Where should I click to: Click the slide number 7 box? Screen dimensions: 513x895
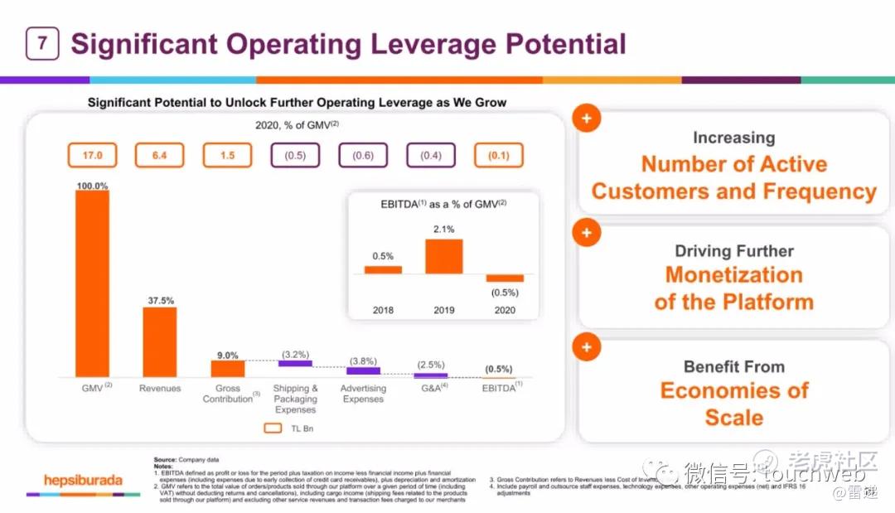click(x=42, y=44)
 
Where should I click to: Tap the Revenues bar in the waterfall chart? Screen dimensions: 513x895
click(x=160, y=341)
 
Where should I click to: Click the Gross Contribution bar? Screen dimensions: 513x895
click(x=228, y=368)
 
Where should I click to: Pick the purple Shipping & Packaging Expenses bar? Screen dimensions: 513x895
click(x=295, y=363)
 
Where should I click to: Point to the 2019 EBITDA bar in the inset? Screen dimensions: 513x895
click(x=443, y=256)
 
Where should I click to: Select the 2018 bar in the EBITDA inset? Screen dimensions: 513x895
click(x=383, y=269)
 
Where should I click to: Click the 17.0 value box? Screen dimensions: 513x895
click(x=92, y=155)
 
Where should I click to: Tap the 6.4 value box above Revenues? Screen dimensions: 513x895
click(x=160, y=155)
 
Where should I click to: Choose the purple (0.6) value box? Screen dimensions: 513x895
click(x=363, y=155)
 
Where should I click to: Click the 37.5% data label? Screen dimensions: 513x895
click(x=160, y=301)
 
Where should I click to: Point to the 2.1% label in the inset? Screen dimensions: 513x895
click(x=443, y=230)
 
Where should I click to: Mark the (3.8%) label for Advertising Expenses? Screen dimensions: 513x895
click(x=363, y=361)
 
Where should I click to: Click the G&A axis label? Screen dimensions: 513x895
click(x=430, y=388)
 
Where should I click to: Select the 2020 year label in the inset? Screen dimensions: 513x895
click(x=504, y=310)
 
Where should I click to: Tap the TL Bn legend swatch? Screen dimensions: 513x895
click(x=273, y=428)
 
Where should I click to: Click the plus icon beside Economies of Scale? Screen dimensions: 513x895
click(x=587, y=347)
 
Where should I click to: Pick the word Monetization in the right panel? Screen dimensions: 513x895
click(x=733, y=275)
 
